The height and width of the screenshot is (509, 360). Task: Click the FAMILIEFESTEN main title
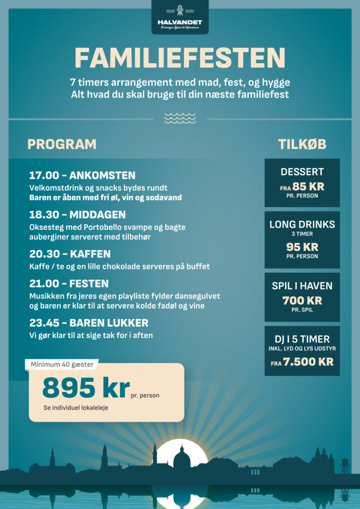tap(180, 59)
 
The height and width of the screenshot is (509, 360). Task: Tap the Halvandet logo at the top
tap(180, 18)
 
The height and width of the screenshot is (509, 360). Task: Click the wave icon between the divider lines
tap(180, 118)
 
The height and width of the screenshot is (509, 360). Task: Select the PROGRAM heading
tap(62, 144)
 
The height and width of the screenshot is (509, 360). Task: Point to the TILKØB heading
tap(302, 144)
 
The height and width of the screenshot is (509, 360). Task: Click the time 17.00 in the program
tap(44, 175)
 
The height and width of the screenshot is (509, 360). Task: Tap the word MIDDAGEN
tap(97, 215)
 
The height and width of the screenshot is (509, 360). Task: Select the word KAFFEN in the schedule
tap(90, 254)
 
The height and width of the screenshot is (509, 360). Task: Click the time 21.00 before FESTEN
tap(44, 284)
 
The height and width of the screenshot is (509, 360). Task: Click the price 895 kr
tap(86, 388)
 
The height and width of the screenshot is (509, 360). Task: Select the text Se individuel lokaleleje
tap(75, 408)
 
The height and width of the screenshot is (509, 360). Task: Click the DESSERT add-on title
tap(302, 172)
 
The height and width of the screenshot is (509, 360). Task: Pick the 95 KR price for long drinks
tap(302, 247)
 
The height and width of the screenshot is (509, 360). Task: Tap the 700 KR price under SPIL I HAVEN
tap(302, 300)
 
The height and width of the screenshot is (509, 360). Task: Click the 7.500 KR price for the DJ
tap(308, 362)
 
